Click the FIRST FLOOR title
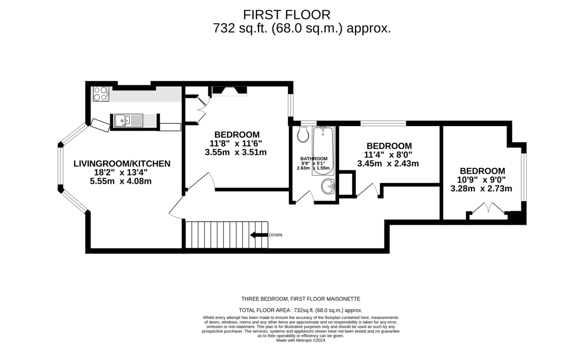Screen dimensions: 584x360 (x=287, y=15)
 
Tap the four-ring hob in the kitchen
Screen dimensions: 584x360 (x=101, y=94)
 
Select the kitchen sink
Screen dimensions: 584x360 (x=128, y=121)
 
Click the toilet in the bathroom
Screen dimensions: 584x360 (x=303, y=134)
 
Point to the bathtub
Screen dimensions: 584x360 (x=323, y=151)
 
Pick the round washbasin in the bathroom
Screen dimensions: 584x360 (x=328, y=186)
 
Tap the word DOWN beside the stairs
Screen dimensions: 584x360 (x=275, y=235)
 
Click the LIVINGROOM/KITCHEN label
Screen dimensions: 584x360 (x=122, y=163)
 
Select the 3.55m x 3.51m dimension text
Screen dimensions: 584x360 (x=236, y=152)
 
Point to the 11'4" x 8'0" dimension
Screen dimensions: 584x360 (x=388, y=155)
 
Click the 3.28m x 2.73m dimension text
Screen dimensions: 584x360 (x=481, y=188)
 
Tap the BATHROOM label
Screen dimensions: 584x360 (x=314, y=159)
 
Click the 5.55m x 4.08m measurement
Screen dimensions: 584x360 (x=121, y=181)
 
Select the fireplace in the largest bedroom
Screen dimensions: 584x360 (x=229, y=90)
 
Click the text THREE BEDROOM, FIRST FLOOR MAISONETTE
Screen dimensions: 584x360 (x=301, y=299)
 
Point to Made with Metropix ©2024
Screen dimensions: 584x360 (x=301, y=340)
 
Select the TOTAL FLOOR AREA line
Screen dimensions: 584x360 (x=301, y=310)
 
